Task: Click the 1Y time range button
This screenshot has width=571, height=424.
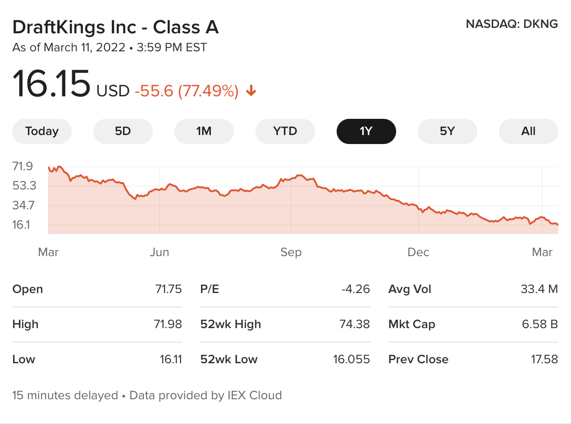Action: (x=366, y=131)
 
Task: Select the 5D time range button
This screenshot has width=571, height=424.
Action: (x=123, y=131)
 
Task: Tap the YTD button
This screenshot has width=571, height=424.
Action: (x=285, y=131)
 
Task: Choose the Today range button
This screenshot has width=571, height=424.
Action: (x=42, y=131)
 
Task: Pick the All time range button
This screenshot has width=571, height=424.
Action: (x=528, y=131)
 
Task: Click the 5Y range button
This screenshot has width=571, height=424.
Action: (x=447, y=131)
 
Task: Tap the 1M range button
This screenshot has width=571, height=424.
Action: (x=204, y=131)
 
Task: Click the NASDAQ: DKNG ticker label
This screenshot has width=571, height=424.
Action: (x=512, y=24)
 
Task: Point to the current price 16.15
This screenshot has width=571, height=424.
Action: (x=51, y=84)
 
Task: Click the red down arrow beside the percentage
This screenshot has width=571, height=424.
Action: (x=251, y=92)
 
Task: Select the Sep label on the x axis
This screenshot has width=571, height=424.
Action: (x=291, y=252)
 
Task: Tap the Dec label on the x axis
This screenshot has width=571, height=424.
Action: (x=418, y=252)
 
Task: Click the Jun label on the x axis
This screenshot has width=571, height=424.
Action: (x=160, y=252)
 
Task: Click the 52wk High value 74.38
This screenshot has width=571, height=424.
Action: (x=354, y=324)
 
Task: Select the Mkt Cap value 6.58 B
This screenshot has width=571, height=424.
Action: (x=540, y=324)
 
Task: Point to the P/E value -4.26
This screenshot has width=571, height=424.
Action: (x=356, y=289)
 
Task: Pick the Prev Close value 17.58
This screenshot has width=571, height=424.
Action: (x=544, y=359)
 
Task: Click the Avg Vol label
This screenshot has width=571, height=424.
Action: (x=410, y=289)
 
